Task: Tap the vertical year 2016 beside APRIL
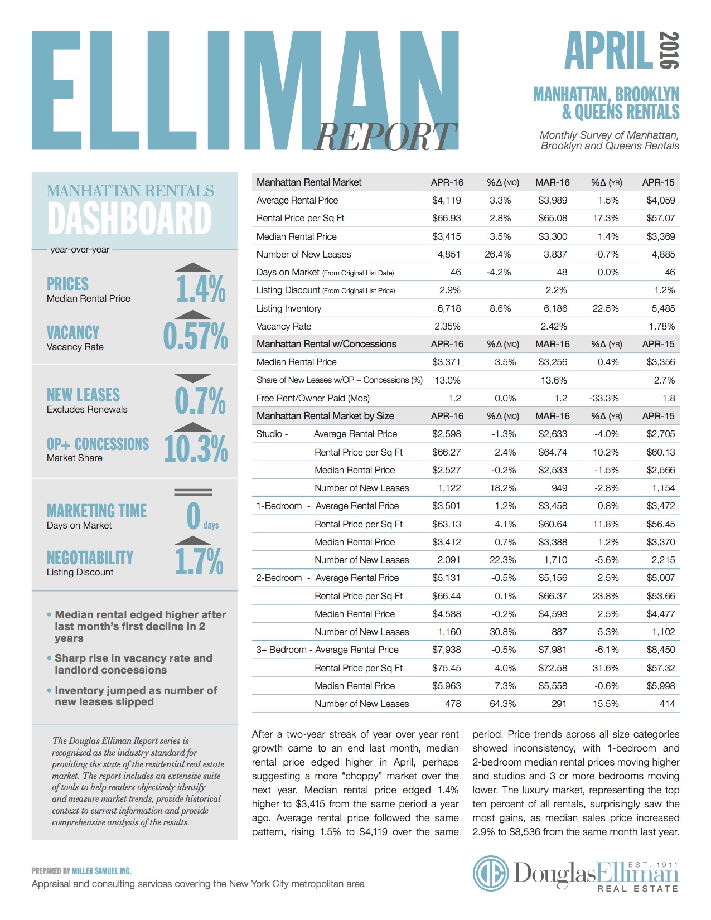[669, 50]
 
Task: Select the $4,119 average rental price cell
[446, 200]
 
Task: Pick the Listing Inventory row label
[288, 308]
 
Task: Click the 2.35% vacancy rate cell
[447, 326]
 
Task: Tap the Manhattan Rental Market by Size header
[325, 416]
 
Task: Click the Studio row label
[269, 434]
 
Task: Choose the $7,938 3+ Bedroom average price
[446, 650]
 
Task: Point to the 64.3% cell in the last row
[502, 704]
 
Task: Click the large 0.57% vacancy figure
[195, 336]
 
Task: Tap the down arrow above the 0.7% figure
[193, 378]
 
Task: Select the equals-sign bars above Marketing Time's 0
[193, 492]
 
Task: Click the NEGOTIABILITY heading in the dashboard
[90, 558]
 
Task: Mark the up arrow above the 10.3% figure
[193, 427]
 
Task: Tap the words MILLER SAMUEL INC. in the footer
[101, 871]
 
